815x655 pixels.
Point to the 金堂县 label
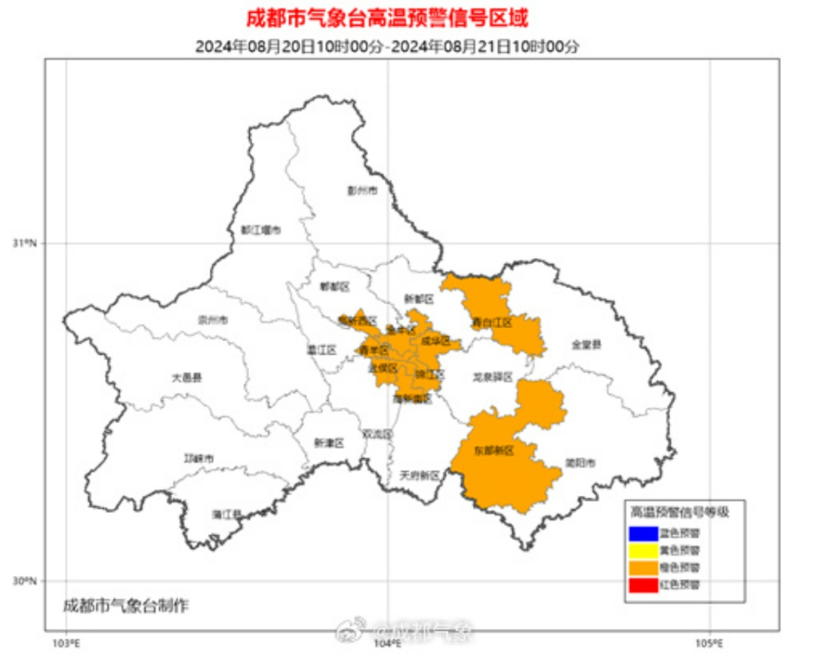click(x=586, y=344)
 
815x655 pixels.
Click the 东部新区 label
click(x=494, y=451)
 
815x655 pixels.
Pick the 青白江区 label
click(x=492, y=322)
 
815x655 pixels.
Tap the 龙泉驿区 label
click(x=493, y=377)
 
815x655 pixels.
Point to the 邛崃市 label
click(x=200, y=458)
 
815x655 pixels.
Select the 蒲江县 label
click(x=226, y=515)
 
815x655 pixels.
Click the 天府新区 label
click(x=419, y=475)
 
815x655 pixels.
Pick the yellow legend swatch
click(x=641, y=550)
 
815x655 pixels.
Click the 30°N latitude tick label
click(x=25, y=581)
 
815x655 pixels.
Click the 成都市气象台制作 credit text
click(x=126, y=605)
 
